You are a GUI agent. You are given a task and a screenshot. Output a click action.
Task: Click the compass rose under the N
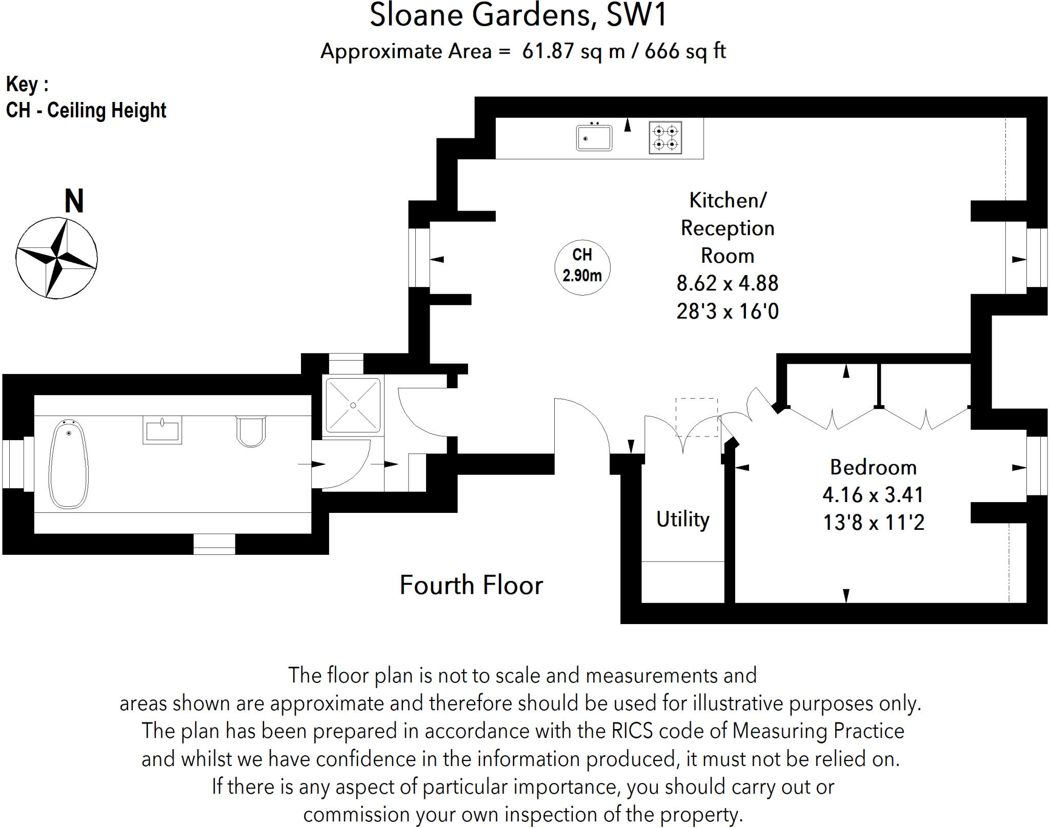56,258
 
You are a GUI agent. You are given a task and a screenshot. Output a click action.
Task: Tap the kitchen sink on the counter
594,137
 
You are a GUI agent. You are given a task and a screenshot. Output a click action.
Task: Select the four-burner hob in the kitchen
665,137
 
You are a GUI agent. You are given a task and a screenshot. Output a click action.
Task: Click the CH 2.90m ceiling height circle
582,266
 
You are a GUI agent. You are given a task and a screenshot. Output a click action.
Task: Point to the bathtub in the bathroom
68,464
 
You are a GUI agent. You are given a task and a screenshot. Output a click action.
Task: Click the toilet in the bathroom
251,431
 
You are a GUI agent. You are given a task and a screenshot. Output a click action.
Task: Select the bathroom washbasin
162,429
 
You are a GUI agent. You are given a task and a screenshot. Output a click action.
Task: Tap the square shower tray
353,405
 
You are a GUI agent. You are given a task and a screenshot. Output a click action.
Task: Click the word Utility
683,519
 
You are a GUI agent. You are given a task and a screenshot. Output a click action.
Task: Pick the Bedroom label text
873,467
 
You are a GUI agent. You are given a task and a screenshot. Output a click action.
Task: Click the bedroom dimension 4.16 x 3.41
873,495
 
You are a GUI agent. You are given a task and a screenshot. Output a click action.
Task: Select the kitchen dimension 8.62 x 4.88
728,283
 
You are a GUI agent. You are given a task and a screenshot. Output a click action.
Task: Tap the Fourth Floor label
471,585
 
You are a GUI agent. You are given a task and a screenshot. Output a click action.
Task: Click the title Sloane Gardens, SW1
518,15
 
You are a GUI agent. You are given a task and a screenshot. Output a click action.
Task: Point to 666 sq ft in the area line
685,51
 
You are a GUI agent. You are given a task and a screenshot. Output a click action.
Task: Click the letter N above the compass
74,201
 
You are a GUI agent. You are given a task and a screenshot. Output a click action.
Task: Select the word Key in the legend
22,84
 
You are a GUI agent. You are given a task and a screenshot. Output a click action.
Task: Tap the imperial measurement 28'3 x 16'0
728,312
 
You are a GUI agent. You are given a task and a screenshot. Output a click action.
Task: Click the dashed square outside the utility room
696,417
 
